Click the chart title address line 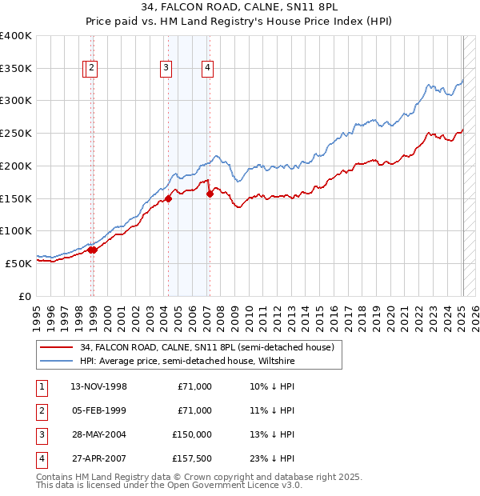coord(240,9)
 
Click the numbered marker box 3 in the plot coord(166,69)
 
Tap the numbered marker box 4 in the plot coord(207,69)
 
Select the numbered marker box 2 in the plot coord(93,69)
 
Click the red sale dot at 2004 coord(169,198)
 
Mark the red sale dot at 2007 coord(210,193)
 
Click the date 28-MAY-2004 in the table coord(99,434)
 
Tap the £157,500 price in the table coord(192,458)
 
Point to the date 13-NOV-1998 coord(99,386)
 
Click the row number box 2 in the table coord(41,410)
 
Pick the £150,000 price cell coord(192,434)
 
